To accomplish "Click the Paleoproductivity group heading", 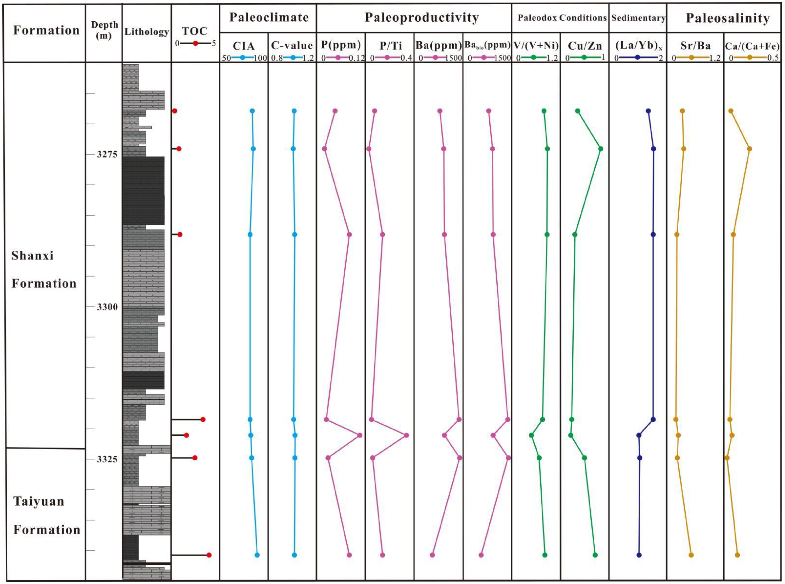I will coord(422,17).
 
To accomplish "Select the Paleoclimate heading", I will coord(269,17).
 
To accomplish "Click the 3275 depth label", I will coord(107,155).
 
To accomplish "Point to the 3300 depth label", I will coord(107,307).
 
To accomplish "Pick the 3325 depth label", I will coord(107,459).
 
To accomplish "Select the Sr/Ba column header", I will coord(695,46).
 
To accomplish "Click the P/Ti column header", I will coord(391,46).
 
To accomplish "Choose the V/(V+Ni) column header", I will coord(536,46).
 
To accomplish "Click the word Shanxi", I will coord(33,255).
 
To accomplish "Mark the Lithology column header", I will coord(146,32).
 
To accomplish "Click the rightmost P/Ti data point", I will coord(406,435).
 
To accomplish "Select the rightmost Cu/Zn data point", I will coord(600,149).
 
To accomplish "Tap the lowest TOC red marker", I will coord(209,555).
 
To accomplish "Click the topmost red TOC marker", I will coord(174,111).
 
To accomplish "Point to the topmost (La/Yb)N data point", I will coord(648,111).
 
